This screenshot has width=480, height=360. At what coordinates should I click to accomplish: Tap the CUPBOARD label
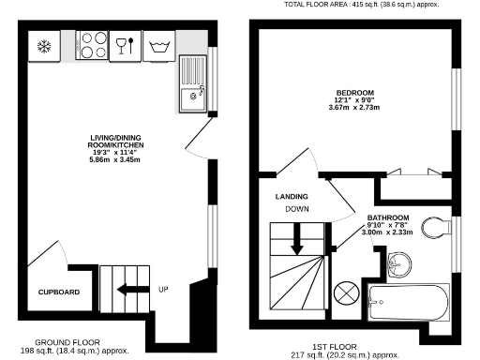point(58,292)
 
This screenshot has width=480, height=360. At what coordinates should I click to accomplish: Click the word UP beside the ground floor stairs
point(163,289)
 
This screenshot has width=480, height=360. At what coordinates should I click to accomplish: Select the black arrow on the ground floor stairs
point(130,289)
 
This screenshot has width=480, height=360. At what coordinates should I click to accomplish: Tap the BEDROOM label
point(355,92)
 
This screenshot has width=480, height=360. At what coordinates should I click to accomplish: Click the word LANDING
point(292,197)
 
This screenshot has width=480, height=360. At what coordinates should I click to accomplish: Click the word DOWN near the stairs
point(297,209)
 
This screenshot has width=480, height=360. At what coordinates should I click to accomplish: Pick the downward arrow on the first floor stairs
point(296,240)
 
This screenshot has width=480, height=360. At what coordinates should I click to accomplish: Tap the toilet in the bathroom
point(435,226)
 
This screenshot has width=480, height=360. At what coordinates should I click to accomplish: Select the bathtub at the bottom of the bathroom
point(409,303)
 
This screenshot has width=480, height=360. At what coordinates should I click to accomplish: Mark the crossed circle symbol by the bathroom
point(346,293)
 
